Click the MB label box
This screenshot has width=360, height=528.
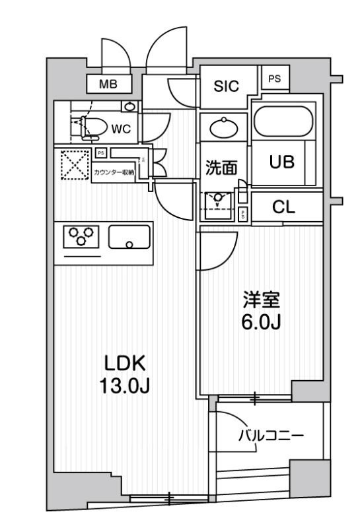(108, 84)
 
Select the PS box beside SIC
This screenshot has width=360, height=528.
(273, 79)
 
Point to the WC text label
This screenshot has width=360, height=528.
(121, 129)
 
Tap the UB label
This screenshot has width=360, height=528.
(281, 162)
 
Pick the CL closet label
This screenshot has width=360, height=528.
(283, 207)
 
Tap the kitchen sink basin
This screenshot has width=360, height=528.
(129, 237)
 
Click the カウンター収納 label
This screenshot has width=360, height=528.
(114, 172)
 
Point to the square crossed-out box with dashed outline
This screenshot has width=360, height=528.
(73, 165)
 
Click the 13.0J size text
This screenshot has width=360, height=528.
(124, 385)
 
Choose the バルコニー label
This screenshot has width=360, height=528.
(270, 436)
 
